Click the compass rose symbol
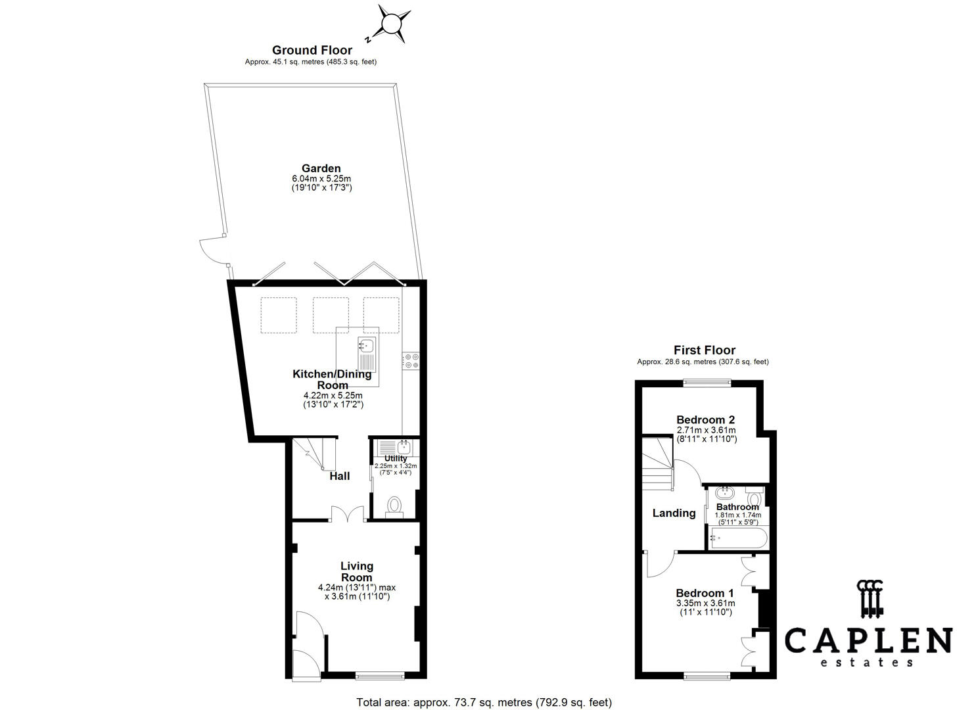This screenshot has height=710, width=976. (x=391, y=23)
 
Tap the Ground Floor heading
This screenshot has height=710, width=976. (x=312, y=50)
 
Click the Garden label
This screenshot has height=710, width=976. (x=321, y=168)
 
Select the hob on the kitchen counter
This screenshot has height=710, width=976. (x=411, y=360)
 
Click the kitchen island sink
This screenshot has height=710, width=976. (x=367, y=345)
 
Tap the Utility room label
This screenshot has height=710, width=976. (x=396, y=458)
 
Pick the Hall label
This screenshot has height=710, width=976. (x=339, y=477)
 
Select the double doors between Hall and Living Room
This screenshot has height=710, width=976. (x=348, y=514)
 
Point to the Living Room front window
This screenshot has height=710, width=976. (x=380, y=676)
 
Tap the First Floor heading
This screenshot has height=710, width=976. (x=705, y=350)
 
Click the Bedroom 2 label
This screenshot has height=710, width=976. (x=705, y=419)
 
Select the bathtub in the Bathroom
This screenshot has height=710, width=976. (x=738, y=538)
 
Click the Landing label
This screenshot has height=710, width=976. (x=674, y=513)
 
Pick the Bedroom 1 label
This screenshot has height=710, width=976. (x=705, y=593)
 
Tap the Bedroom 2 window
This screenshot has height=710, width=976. (x=707, y=383)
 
